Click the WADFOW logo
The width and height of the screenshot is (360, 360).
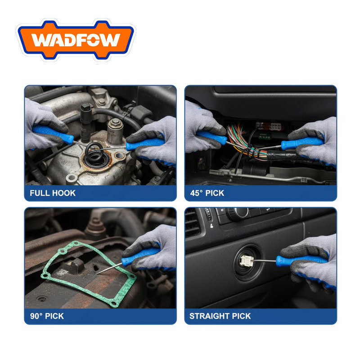click(76, 40)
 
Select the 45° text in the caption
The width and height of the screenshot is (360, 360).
click(196, 193)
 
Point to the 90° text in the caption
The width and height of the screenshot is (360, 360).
click(36, 316)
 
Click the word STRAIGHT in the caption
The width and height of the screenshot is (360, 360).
click(209, 316)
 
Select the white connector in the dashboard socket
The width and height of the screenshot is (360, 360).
click(247, 261)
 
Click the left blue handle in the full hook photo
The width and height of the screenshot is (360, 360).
click(53, 135)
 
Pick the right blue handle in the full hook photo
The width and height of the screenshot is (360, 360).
click(144, 144)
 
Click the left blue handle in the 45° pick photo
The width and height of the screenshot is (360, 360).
click(211, 137)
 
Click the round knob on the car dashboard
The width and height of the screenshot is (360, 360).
click(238, 213)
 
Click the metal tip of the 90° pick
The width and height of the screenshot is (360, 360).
click(109, 268)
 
